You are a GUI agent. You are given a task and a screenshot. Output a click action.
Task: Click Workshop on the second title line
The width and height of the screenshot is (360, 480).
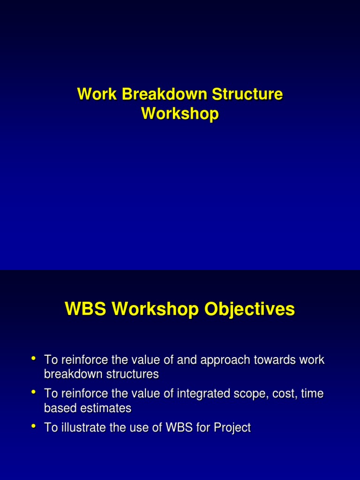tap(180, 114)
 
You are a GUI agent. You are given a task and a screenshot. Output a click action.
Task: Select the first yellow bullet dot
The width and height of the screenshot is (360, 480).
tap(34, 359)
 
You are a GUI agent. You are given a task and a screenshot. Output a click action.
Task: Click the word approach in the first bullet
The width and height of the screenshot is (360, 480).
tap(222, 360)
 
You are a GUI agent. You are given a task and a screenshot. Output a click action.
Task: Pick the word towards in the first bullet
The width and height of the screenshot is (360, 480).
tap(273, 360)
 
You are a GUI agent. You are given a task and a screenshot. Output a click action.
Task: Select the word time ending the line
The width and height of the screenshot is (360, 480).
tap(312, 394)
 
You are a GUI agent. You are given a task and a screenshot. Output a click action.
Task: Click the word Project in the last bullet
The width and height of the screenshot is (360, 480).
tap(230, 428)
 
